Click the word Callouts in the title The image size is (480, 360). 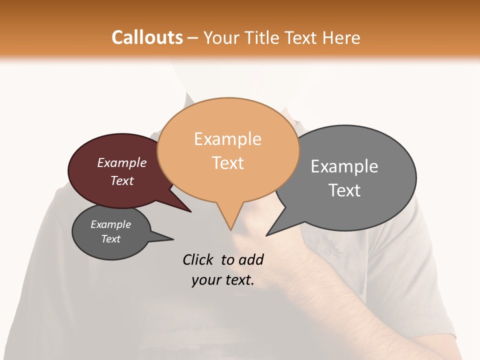[147, 37]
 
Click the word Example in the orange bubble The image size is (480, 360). [227, 139]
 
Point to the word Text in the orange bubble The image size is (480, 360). [227, 163]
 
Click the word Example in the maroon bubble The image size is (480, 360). [122, 163]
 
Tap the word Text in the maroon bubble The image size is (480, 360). [122, 180]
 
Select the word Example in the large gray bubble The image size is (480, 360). [344, 166]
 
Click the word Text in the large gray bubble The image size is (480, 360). [344, 190]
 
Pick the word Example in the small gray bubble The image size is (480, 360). [111, 224]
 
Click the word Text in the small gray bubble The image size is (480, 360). [111, 239]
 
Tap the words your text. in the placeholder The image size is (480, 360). [223, 280]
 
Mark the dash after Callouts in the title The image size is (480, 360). [193, 38]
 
